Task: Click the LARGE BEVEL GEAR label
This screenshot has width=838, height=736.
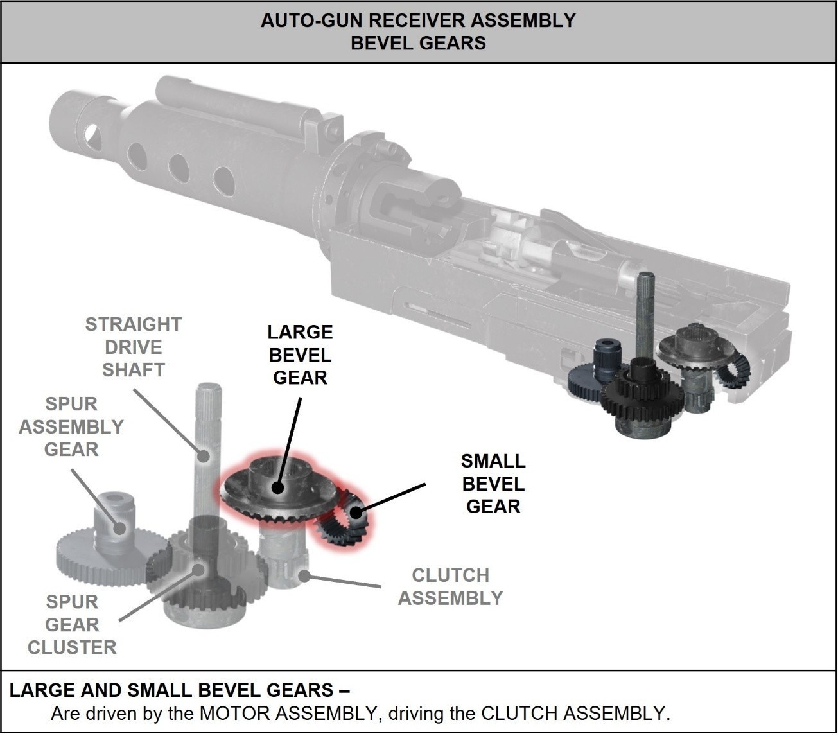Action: (x=300, y=355)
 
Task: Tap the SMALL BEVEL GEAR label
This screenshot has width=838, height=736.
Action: (x=493, y=484)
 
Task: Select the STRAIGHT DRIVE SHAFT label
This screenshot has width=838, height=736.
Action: (x=134, y=347)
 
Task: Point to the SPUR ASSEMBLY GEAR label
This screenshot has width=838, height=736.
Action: (x=71, y=426)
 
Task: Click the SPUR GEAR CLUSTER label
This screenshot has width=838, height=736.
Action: (x=72, y=624)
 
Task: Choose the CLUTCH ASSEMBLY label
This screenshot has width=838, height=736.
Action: (x=450, y=586)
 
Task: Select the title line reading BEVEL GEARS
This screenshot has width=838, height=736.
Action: (x=418, y=43)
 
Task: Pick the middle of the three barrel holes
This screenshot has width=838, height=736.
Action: (x=178, y=168)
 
